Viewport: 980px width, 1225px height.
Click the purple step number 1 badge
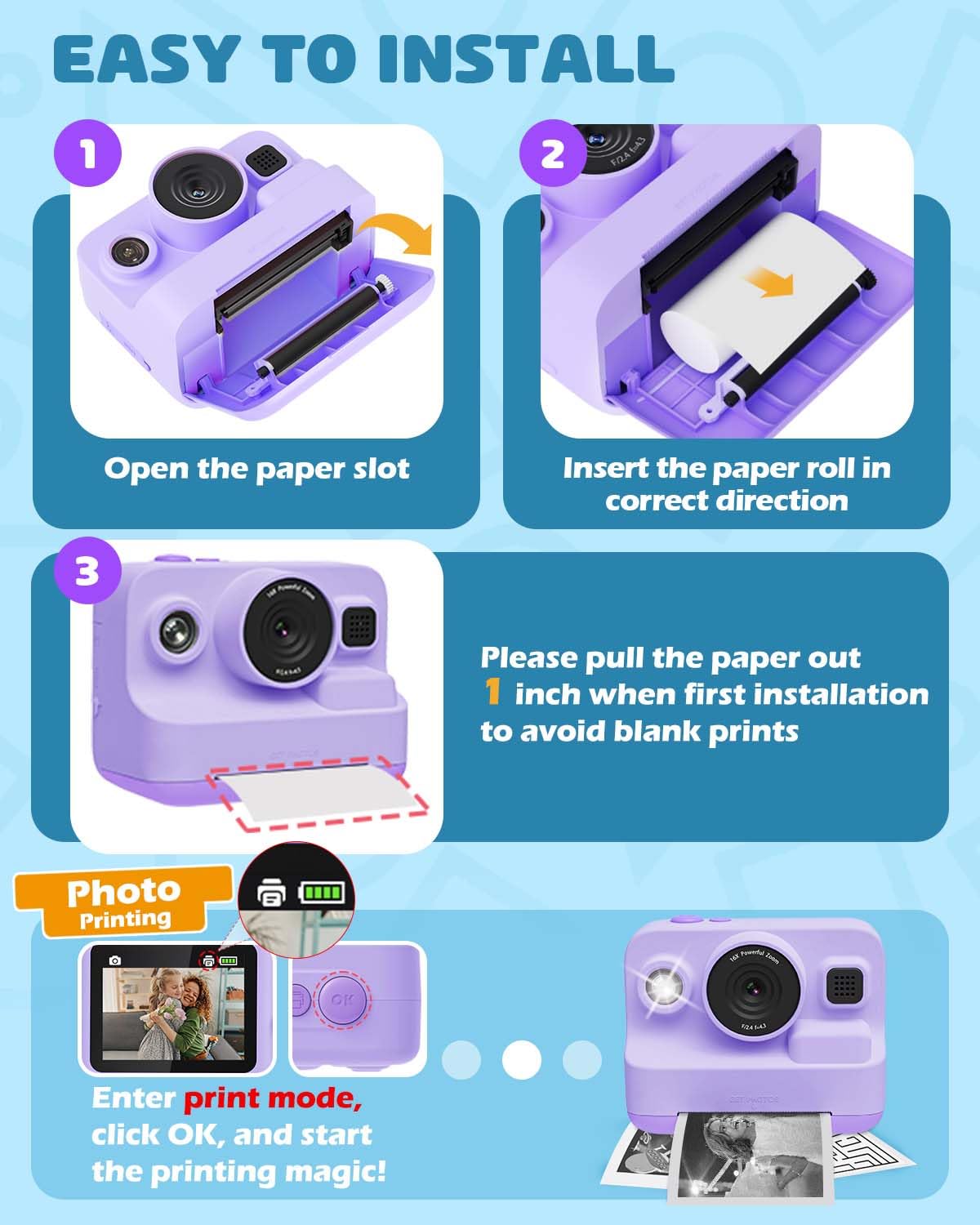coord(87,154)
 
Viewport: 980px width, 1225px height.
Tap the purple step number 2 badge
coord(552,154)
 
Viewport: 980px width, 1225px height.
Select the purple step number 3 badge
coord(87,572)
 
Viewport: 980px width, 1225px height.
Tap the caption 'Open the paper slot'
coord(256,469)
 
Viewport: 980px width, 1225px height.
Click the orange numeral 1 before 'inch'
coord(492,693)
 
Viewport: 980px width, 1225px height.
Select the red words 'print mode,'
coord(273,1098)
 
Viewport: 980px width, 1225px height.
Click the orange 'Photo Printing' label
coord(124,902)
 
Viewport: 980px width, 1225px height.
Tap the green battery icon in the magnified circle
coord(323,892)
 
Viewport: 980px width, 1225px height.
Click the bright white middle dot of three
coord(521,1060)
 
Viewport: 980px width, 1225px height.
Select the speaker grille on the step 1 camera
coord(263,160)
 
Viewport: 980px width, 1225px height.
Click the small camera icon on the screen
coord(115,960)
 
